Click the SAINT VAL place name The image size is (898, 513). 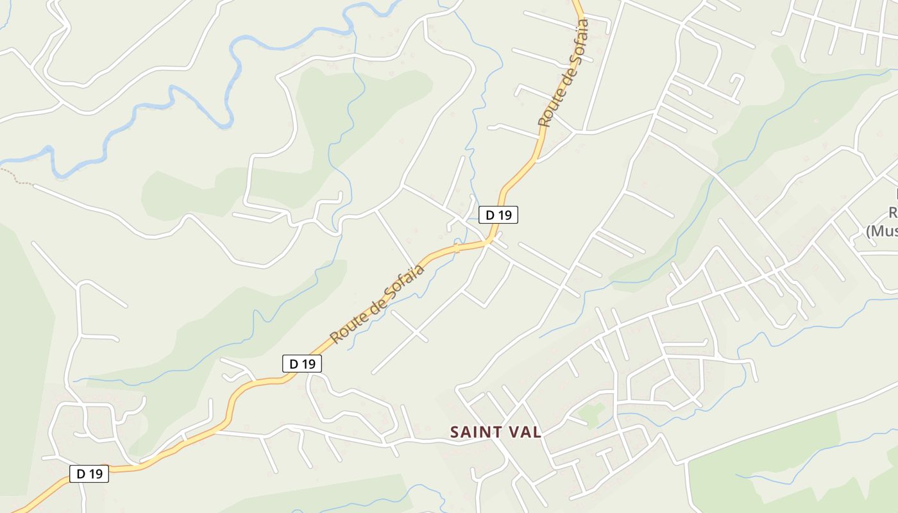(x=495, y=432)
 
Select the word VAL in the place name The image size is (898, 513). (x=524, y=432)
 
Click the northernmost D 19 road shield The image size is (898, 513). (x=498, y=215)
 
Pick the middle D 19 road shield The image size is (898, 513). (x=302, y=364)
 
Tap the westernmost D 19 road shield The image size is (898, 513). (x=89, y=474)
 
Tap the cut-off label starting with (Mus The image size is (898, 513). (x=882, y=231)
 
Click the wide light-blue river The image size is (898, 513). (x=192, y=93)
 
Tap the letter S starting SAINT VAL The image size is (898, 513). (x=455, y=432)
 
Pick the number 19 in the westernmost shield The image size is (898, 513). (x=95, y=474)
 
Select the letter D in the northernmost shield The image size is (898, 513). (x=490, y=215)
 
